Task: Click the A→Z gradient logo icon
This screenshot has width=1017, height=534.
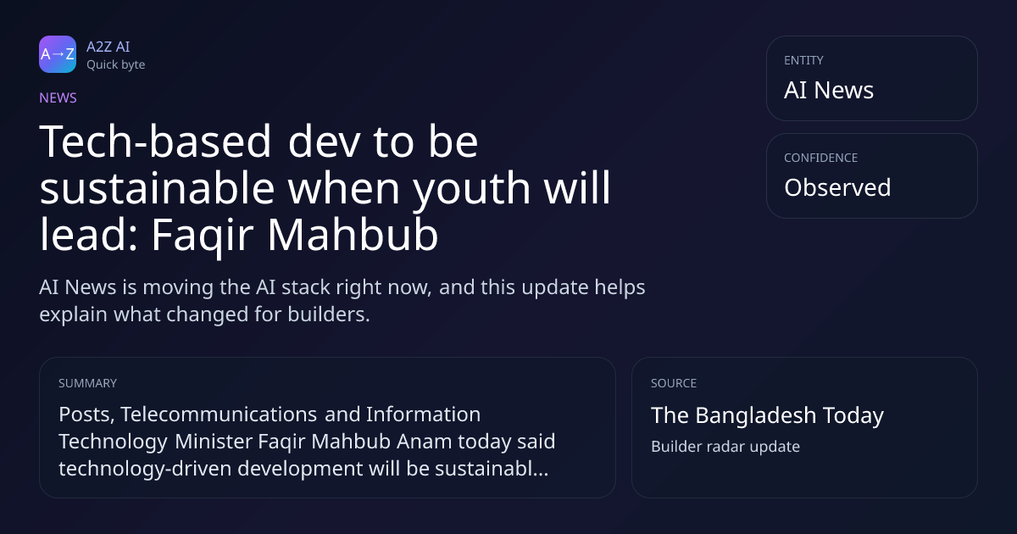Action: point(58,54)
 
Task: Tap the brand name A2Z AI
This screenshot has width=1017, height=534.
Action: point(108,47)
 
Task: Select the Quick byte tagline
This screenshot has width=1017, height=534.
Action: point(116,65)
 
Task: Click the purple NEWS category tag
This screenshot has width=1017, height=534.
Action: point(58,98)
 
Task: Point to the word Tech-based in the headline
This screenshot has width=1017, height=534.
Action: point(155,142)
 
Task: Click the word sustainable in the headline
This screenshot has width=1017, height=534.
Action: point(157,188)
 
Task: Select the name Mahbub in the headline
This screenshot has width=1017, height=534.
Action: point(353,235)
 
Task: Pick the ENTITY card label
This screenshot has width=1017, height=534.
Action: point(803,60)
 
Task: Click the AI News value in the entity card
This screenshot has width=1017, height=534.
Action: point(829,90)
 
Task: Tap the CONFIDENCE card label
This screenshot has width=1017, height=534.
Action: point(821,158)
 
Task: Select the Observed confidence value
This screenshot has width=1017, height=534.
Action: point(837,187)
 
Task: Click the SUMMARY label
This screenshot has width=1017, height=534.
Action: point(87,384)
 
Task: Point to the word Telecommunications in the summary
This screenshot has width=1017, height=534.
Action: point(219,414)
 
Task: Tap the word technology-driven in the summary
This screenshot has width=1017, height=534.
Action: point(145,469)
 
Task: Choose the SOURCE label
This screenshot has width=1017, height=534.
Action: point(674,384)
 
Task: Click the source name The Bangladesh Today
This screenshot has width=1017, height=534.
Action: point(767,415)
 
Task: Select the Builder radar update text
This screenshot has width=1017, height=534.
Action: point(725,447)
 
